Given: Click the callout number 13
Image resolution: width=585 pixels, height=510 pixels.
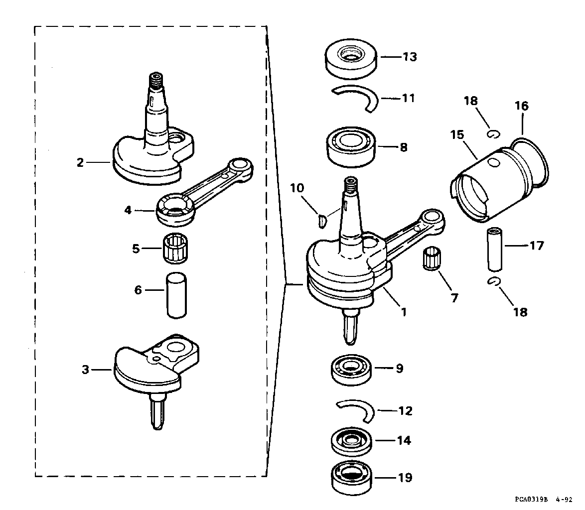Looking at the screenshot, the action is (x=409, y=57).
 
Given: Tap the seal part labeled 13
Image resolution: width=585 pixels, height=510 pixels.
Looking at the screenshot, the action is (x=351, y=59).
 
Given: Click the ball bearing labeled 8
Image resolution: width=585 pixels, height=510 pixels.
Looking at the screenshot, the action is (x=351, y=147).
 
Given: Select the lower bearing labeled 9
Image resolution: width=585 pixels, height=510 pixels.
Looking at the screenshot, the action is (x=351, y=369).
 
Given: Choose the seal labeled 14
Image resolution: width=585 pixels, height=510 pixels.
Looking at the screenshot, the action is (x=351, y=441).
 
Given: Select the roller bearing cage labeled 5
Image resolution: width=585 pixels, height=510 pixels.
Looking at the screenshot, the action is (x=175, y=248).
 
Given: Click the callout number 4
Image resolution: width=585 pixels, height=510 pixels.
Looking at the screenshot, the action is (x=128, y=210).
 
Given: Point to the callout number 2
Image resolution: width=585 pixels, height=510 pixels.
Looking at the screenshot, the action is (x=80, y=162).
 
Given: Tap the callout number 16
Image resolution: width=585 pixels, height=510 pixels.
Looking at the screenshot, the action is (x=522, y=106).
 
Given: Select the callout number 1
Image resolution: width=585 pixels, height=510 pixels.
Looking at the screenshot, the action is (x=404, y=312).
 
